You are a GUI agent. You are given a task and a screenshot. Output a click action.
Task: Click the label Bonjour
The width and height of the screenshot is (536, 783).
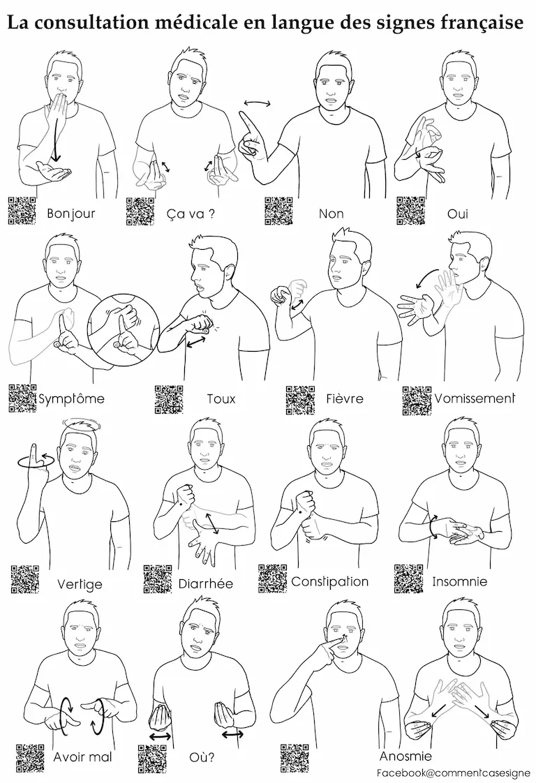(x=71, y=214)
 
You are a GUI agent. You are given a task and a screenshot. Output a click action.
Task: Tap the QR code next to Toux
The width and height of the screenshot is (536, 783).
(x=168, y=399)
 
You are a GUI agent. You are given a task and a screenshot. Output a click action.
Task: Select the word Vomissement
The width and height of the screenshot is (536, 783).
(x=475, y=398)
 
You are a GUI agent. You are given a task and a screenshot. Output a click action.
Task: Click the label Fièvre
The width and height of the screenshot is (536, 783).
(x=345, y=399)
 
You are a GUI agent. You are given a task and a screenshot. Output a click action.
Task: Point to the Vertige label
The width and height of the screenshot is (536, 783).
(x=80, y=583)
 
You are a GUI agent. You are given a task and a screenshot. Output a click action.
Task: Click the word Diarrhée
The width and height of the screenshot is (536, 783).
(x=206, y=583)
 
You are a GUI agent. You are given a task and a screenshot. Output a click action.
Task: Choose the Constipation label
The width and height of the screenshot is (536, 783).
(x=329, y=582)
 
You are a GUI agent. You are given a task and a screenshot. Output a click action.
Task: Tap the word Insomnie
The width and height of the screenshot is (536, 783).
(x=459, y=581)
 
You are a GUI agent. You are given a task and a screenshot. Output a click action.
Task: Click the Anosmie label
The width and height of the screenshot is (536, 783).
(x=405, y=756)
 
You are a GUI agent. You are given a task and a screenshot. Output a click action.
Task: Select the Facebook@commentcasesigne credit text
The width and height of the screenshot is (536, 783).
(x=453, y=773)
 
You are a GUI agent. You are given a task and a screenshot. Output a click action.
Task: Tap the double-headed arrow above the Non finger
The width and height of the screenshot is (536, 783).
(x=258, y=103)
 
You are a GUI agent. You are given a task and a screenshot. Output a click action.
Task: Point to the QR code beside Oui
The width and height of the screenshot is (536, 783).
(x=411, y=211)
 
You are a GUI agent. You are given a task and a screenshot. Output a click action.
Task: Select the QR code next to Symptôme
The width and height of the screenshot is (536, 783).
(x=22, y=398)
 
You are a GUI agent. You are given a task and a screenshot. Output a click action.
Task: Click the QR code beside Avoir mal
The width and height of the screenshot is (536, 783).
(x=30, y=758)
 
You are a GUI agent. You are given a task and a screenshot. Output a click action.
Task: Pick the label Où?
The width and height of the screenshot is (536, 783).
(x=202, y=757)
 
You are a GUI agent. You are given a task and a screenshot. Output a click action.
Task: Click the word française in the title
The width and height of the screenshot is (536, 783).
(x=484, y=23)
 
